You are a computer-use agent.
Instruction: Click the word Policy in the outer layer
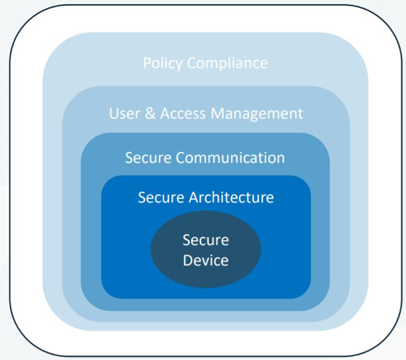pos(163,64)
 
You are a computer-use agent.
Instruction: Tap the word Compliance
pos(227,64)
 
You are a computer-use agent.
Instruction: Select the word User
pos(124,113)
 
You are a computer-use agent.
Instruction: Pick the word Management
pos(257,113)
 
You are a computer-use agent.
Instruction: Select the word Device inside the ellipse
pos(206,260)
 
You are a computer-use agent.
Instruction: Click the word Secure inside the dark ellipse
pos(206,240)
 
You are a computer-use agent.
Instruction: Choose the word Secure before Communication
pos(148,158)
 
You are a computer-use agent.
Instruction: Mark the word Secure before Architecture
pos(160,197)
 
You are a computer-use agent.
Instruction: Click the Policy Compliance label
pos(205,64)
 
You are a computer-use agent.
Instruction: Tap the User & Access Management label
pos(206,113)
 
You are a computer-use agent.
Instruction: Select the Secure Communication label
pos(205,158)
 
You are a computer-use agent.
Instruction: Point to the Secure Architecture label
pos(206,197)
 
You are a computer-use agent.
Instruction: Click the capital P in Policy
pos(147,64)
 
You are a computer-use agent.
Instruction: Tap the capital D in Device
pos(187,260)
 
